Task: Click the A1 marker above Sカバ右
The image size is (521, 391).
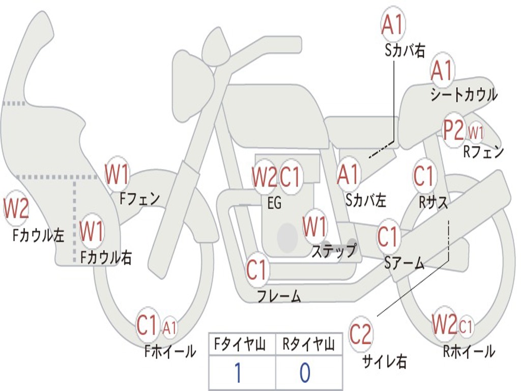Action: tap(393, 24)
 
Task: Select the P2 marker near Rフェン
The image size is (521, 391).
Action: tap(454, 130)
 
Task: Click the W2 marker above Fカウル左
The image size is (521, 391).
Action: tap(16, 208)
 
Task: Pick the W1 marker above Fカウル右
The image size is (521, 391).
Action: tap(92, 231)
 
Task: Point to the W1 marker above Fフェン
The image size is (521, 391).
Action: tap(117, 174)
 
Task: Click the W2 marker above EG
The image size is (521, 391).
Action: tap(265, 177)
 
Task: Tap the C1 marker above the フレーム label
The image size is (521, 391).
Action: tap(256, 269)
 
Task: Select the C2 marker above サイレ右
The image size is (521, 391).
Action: tap(360, 333)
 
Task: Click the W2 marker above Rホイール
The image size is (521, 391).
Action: tap(444, 323)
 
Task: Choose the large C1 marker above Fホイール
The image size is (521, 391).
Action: tap(147, 324)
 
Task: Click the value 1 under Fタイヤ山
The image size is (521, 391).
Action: tap(238, 372)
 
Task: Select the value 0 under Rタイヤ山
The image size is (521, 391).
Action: tap(305, 372)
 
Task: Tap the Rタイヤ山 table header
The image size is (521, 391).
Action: tap(309, 345)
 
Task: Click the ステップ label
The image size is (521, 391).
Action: tap(334, 250)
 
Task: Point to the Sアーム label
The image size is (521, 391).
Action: tap(404, 264)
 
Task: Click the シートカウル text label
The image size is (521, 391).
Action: tap(464, 95)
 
